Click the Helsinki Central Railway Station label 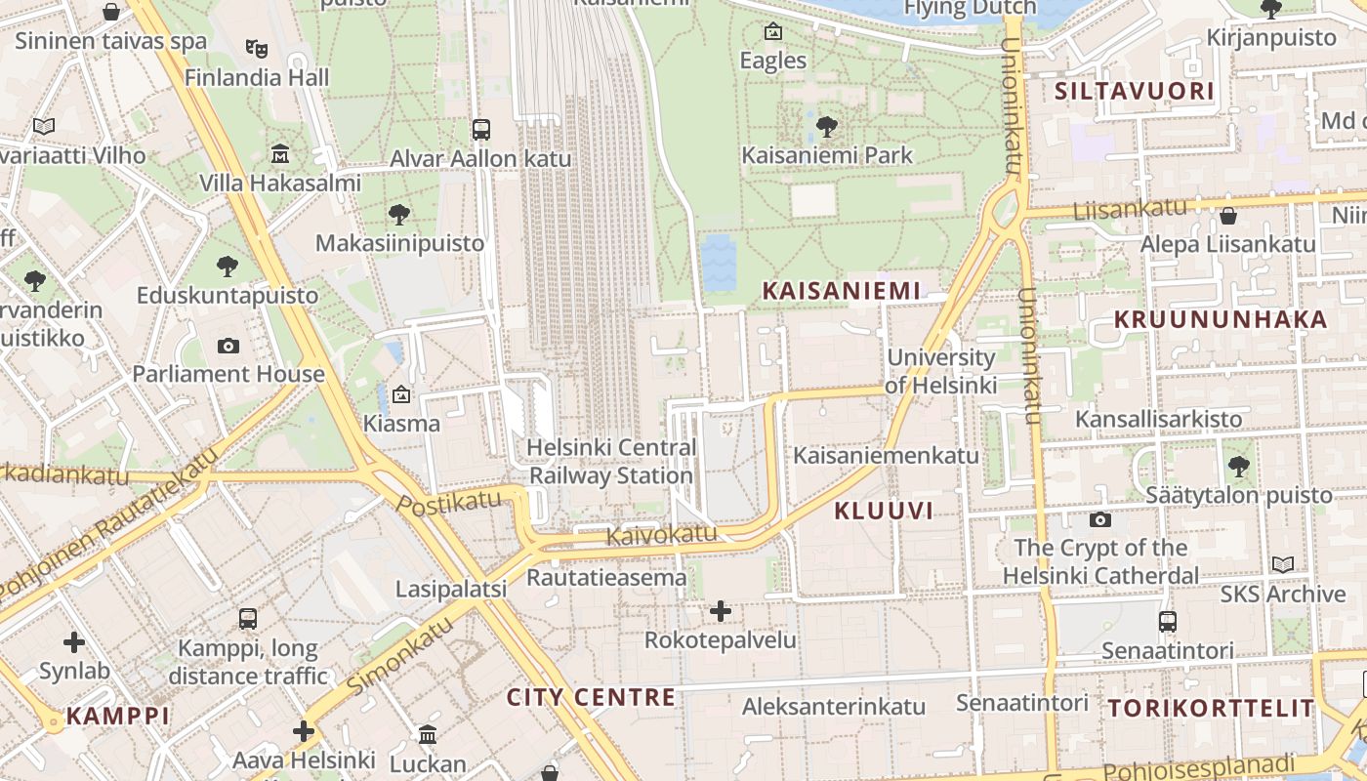[x=611, y=462]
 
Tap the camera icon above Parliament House [x=228, y=346]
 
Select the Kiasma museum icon [x=400, y=394]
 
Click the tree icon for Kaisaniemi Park [x=826, y=126]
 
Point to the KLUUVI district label [x=884, y=511]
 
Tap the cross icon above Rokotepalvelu [x=721, y=612]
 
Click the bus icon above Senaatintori [x=1167, y=621]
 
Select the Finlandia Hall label [x=257, y=77]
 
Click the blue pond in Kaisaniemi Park [x=720, y=262]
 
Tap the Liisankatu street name [x=1129, y=208]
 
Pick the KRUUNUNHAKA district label [x=1221, y=319]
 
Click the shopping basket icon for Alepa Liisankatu [x=1228, y=216]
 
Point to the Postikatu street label [x=449, y=504]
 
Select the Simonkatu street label [x=399, y=655]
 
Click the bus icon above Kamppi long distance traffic [x=248, y=619]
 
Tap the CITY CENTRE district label [x=591, y=697]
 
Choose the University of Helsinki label [x=941, y=371]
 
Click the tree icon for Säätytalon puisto [x=1239, y=467]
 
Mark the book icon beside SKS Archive [x=1283, y=565]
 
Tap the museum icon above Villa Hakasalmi [x=280, y=154]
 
